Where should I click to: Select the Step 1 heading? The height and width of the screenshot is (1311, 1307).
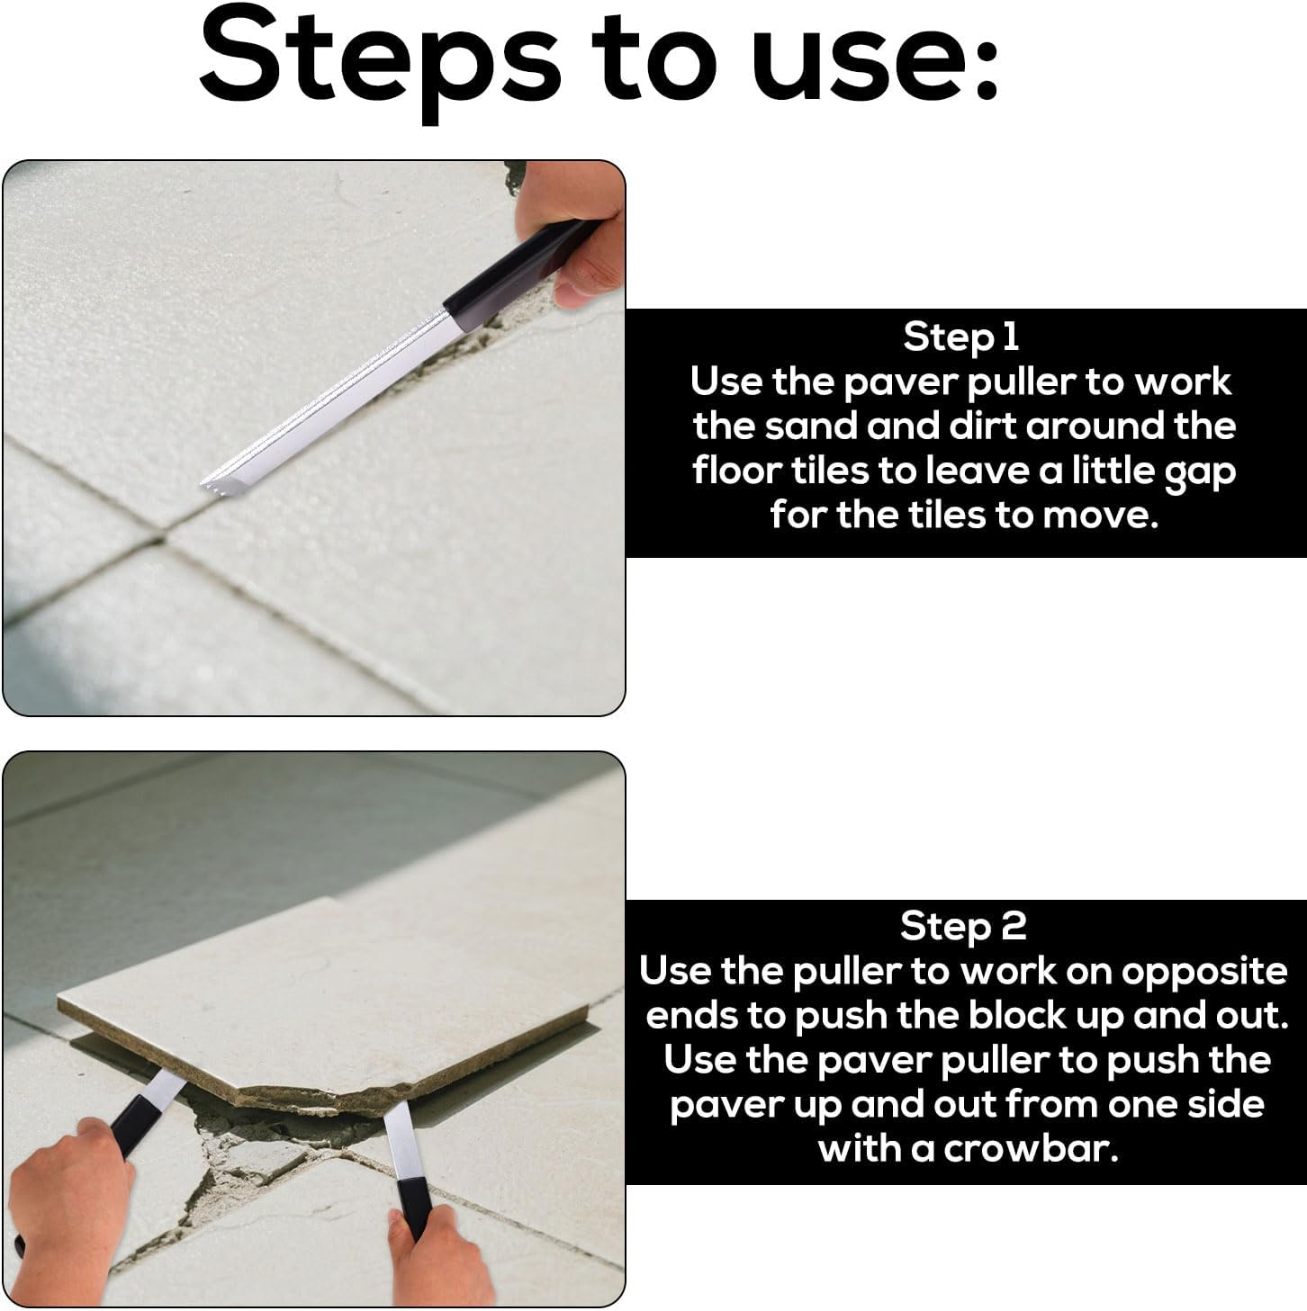tap(960, 337)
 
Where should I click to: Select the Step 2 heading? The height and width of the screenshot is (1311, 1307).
tap(963, 927)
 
